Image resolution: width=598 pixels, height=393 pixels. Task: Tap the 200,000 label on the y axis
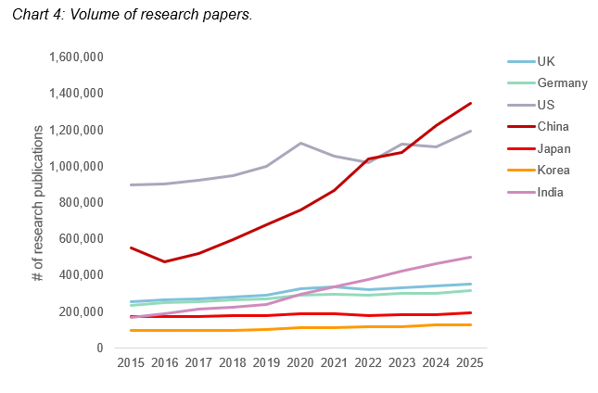coord(77,311)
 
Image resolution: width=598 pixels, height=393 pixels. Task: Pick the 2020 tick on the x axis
coord(300,365)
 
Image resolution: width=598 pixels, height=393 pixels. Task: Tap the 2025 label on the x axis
coord(472,365)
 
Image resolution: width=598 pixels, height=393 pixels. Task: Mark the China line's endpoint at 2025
coord(472,103)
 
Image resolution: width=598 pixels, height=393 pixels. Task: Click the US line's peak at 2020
coord(300,143)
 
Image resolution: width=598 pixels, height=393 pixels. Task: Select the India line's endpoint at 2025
coord(472,257)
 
